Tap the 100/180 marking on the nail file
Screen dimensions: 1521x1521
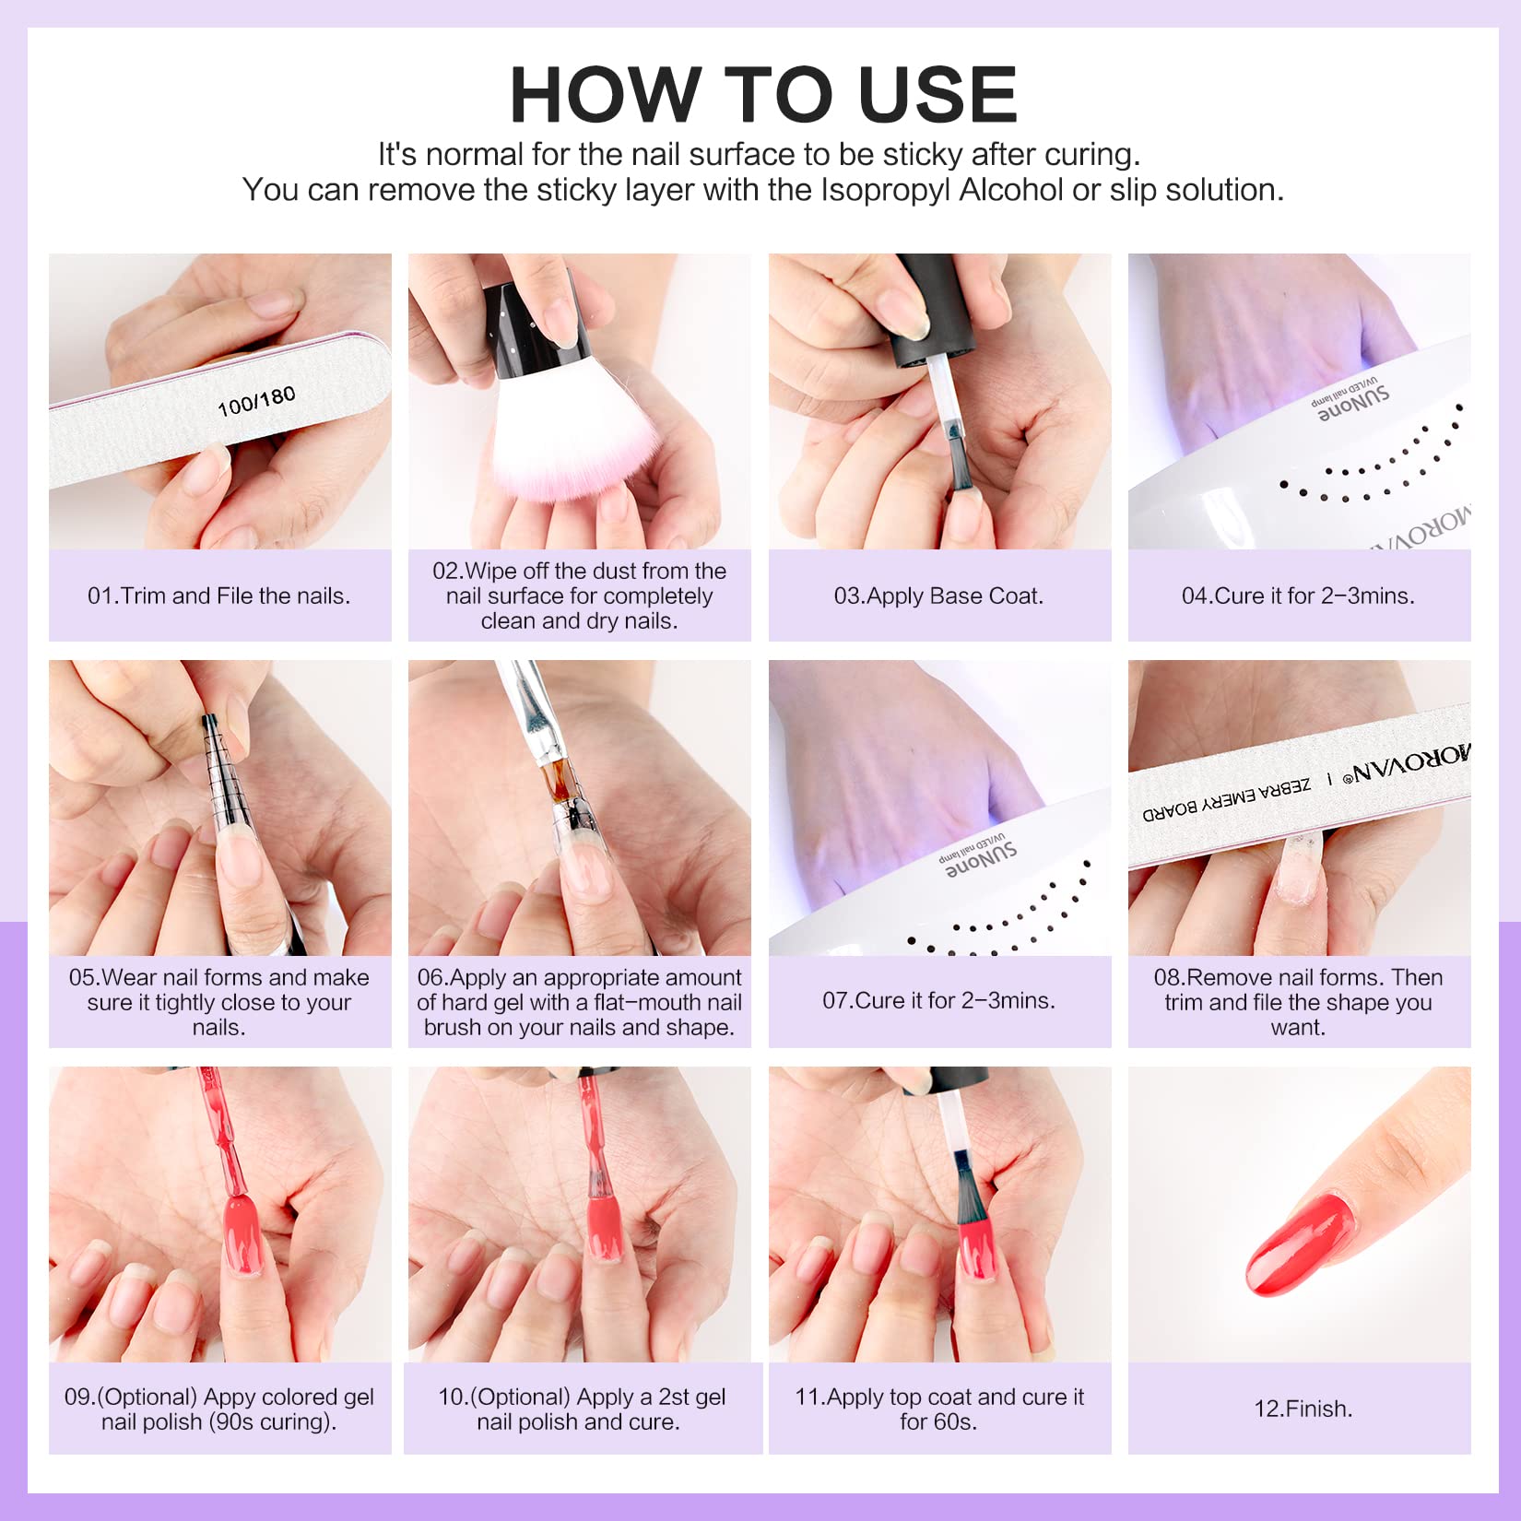click(x=256, y=402)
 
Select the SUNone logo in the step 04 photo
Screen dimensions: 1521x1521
click(x=1351, y=403)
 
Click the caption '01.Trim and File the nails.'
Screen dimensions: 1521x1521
click(x=219, y=595)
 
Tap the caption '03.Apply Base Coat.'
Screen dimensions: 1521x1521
click(x=938, y=595)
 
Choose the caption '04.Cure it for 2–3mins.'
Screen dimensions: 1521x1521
click(x=1298, y=595)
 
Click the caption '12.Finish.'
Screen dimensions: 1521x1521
click(x=1303, y=1409)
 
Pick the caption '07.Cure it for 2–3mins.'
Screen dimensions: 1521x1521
click(x=938, y=1000)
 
